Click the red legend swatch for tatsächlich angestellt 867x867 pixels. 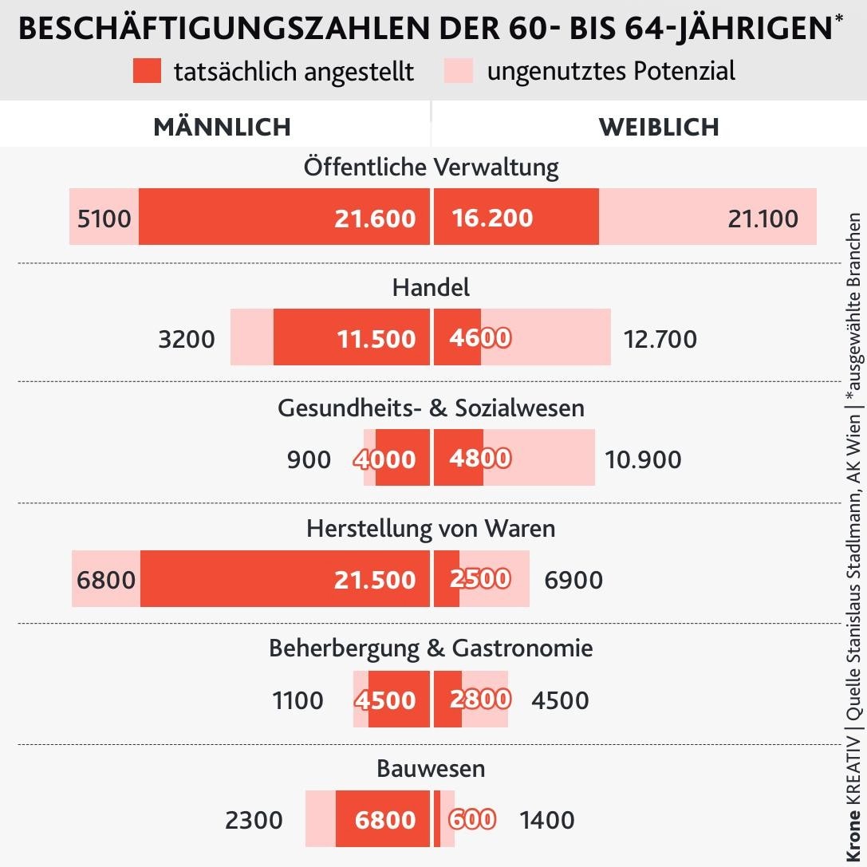148,71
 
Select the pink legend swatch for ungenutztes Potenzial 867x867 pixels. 459,71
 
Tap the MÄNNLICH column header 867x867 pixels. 222,127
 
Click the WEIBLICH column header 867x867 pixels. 659,127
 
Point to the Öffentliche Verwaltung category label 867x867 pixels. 432,167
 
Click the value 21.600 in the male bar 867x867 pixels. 375,219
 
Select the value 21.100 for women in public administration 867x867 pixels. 763,219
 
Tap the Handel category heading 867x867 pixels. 432,287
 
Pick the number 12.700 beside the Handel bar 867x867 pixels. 660,339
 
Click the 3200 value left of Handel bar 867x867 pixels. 187,339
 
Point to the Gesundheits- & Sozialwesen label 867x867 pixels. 432,408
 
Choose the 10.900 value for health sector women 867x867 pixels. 643,460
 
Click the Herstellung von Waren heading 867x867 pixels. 432,529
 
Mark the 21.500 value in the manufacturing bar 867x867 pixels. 375,580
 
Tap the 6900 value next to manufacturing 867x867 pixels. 573,580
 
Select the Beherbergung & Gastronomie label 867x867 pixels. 432,648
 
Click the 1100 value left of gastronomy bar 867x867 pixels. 298,701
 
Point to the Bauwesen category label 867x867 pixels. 432,769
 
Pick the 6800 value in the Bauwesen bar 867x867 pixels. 385,820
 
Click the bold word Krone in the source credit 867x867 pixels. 854,834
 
